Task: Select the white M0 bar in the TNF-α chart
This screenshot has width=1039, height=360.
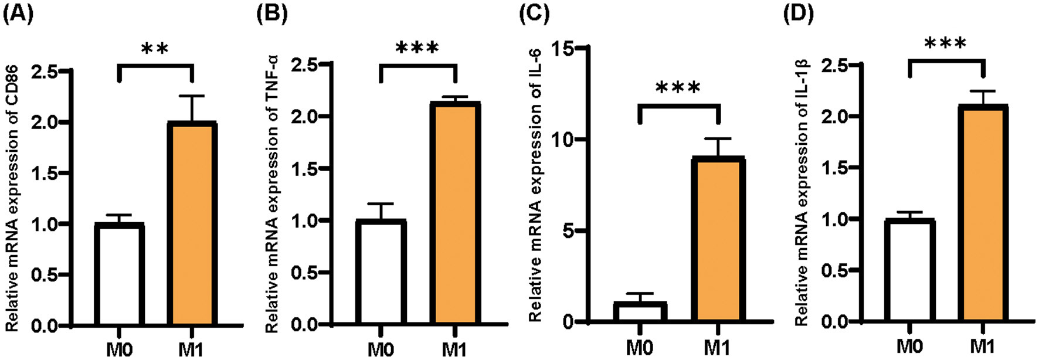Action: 381,273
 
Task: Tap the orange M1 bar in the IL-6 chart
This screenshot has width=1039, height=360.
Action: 718,240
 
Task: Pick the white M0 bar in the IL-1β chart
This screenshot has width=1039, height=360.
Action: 909,271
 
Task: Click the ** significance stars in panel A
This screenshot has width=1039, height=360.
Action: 155,48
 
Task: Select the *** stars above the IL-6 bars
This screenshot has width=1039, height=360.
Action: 678,89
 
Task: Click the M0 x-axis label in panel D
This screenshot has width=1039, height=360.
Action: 909,347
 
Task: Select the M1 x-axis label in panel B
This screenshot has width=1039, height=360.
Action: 454,350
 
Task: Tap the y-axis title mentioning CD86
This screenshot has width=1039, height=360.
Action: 13,199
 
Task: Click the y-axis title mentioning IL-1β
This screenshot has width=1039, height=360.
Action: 802,193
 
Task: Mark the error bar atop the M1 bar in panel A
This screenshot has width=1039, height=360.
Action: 192,108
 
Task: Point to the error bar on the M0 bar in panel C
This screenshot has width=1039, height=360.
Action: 640,297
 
